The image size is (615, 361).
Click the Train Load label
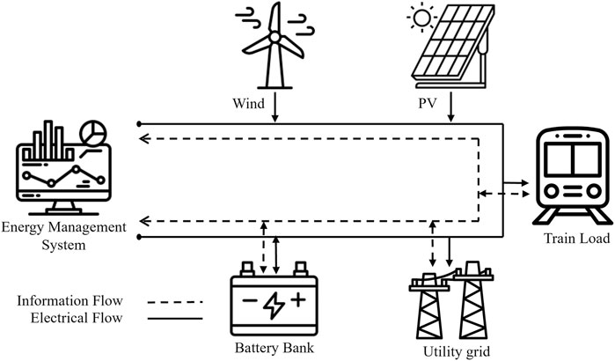tap(573, 238)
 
